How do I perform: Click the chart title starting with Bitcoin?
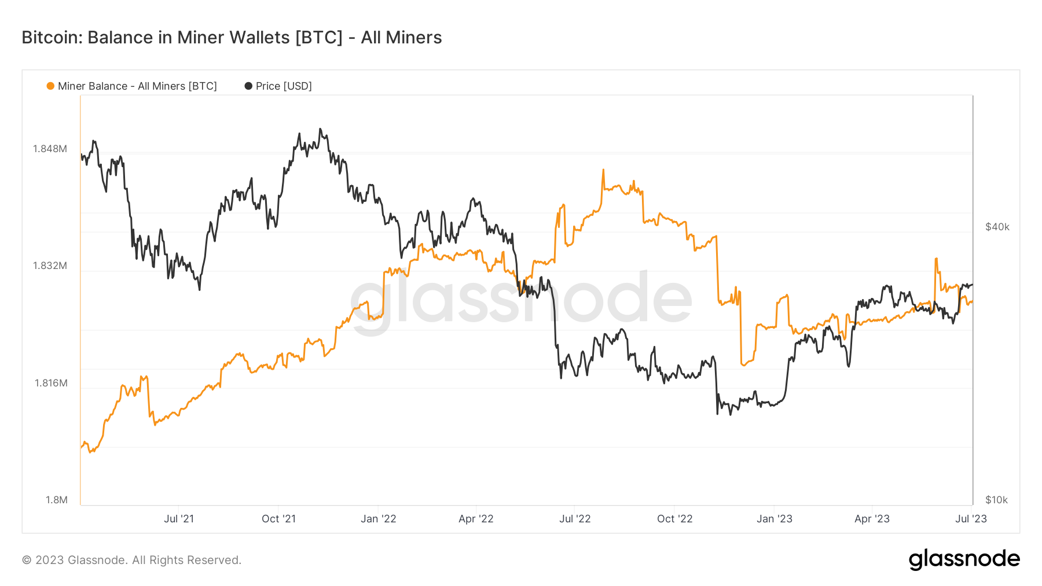click(x=232, y=38)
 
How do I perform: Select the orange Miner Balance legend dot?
click(x=50, y=86)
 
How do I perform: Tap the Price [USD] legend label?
click(x=284, y=86)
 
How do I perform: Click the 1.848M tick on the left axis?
click(x=50, y=149)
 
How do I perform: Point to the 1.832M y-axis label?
click(x=50, y=266)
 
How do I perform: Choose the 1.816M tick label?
click(x=51, y=383)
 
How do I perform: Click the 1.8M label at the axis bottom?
click(x=57, y=500)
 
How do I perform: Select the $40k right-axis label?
click(x=997, y=227)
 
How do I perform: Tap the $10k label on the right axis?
click(x=996, y=500)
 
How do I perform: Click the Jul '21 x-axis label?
click(x=179, y=519)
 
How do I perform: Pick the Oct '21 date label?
click(x=278, y=519)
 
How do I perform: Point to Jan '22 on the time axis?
click(x=378, y=519)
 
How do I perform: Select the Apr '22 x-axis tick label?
click(x=476, y=519)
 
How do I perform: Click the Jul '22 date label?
click(x=575, y=519)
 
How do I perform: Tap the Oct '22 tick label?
click(x=674, y=519)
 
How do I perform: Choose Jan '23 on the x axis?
click(x=774, y=519)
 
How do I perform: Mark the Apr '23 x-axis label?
click(x=872, y=519)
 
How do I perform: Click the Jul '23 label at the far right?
click(x=971, y=519)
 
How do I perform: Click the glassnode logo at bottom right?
click(x=964, y=559)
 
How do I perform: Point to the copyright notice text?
click(x=131, y=560)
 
